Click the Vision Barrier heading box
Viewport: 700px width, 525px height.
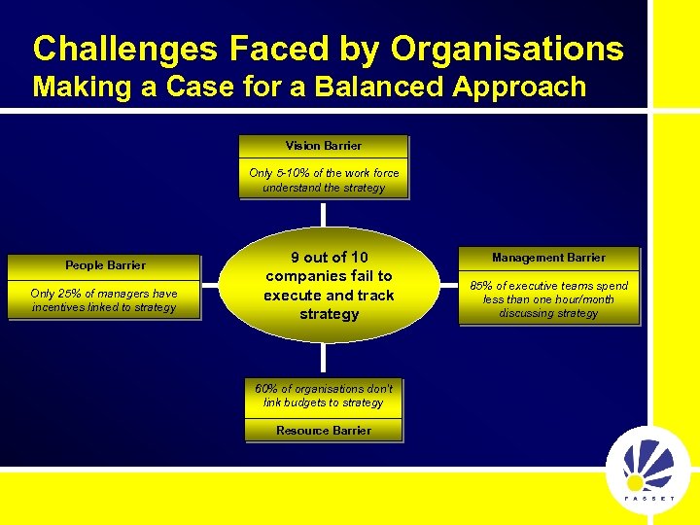click(324, 146)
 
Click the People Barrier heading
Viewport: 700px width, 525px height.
click(105, 265)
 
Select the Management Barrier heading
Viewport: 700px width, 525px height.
click(548, 258)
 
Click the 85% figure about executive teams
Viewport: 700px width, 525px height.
click(482, 286)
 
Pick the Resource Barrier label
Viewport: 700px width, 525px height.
click(324, 431)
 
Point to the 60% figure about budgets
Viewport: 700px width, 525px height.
click(266, 389)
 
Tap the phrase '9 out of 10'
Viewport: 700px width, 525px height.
click(330, 258)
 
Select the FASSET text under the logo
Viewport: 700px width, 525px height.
click(648, 498)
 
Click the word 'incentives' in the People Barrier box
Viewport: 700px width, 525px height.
click(59, 307)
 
